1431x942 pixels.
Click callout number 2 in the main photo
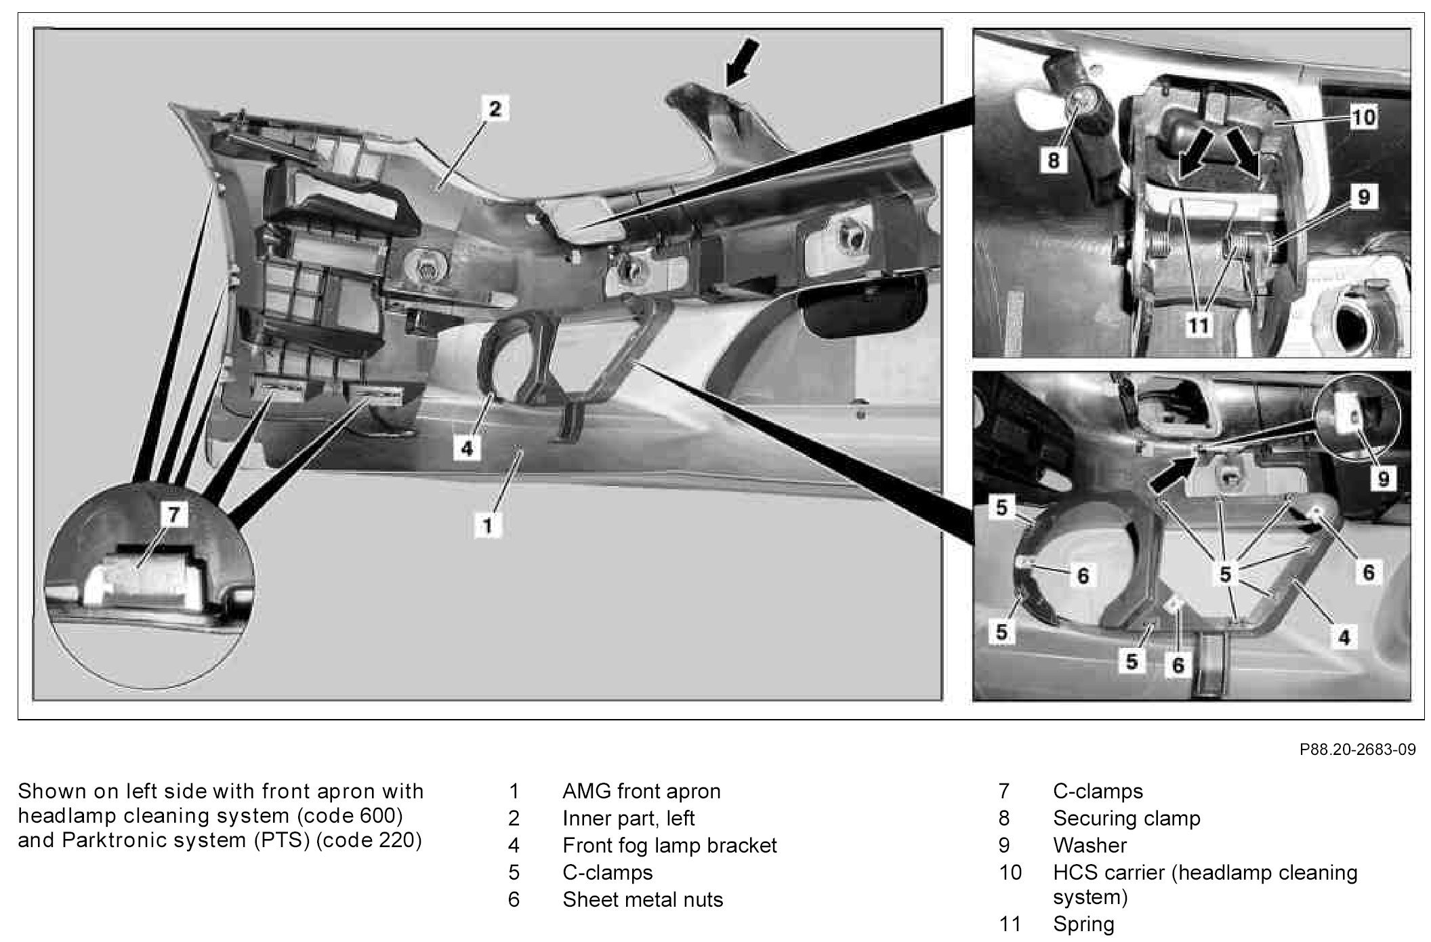pyautogui.click(x=495, y=108)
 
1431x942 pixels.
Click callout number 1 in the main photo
pyautogui.click(x=487, y=525)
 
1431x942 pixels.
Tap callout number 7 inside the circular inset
pyautogui.click(x=174, y=515)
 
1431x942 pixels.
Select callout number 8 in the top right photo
pyautogui.click(x=1053, y=160)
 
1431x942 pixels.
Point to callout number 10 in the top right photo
pyautogui.click(x=1363, y=117)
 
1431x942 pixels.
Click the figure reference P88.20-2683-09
pyautogui.click(x=1357, y=750)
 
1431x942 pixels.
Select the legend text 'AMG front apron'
pyautogui.click(x=641, y=791)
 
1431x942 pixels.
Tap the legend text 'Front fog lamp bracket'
pyautogui.click(x=669, y=845)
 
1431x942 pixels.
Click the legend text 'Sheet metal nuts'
pyautogui.click(x=642, y=899)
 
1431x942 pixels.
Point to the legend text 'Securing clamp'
pyautogui.click(x=1126, y=818)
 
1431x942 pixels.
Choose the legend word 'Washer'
pyautogui.click(x=1090, y=845)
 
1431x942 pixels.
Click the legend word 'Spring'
pyautogui.click(x=1083, y=924)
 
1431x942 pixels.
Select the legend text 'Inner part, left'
pyautogui.click(x=628, y=818)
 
